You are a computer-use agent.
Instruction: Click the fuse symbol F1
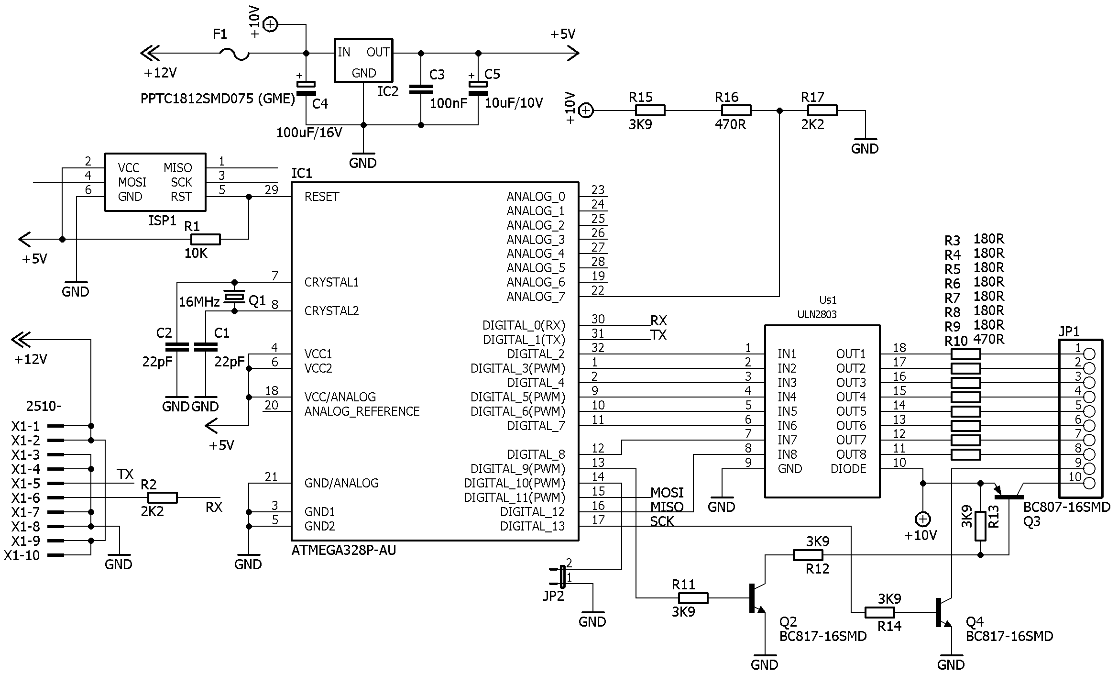(234, 55)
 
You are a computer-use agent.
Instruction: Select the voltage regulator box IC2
(363, 60)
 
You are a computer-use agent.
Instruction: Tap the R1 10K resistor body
(206, 239)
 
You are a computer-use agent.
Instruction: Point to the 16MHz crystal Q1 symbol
(234, 297)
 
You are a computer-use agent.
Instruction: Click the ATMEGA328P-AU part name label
(344, 551)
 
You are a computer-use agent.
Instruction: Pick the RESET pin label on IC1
(322, 197)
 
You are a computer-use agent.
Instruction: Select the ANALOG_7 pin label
(536, 297)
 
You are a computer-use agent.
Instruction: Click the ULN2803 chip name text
(817, 314)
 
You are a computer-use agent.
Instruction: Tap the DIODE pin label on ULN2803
(848, 469)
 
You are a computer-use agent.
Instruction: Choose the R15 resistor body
(650, 110)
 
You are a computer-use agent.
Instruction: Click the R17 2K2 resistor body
(822, 110)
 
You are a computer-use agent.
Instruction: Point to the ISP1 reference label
(163, 221)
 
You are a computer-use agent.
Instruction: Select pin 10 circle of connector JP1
(1089, 483)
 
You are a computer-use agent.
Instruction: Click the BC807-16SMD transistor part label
(1066, 508)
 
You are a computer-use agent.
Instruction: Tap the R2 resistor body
(163, 497)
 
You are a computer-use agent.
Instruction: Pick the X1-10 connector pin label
(22, 555)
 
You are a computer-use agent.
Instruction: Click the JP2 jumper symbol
(562, 576)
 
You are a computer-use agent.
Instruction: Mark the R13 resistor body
(980, 526)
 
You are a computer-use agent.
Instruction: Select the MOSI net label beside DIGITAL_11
(667, 493)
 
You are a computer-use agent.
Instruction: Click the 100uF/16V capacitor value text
(309, 133)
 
